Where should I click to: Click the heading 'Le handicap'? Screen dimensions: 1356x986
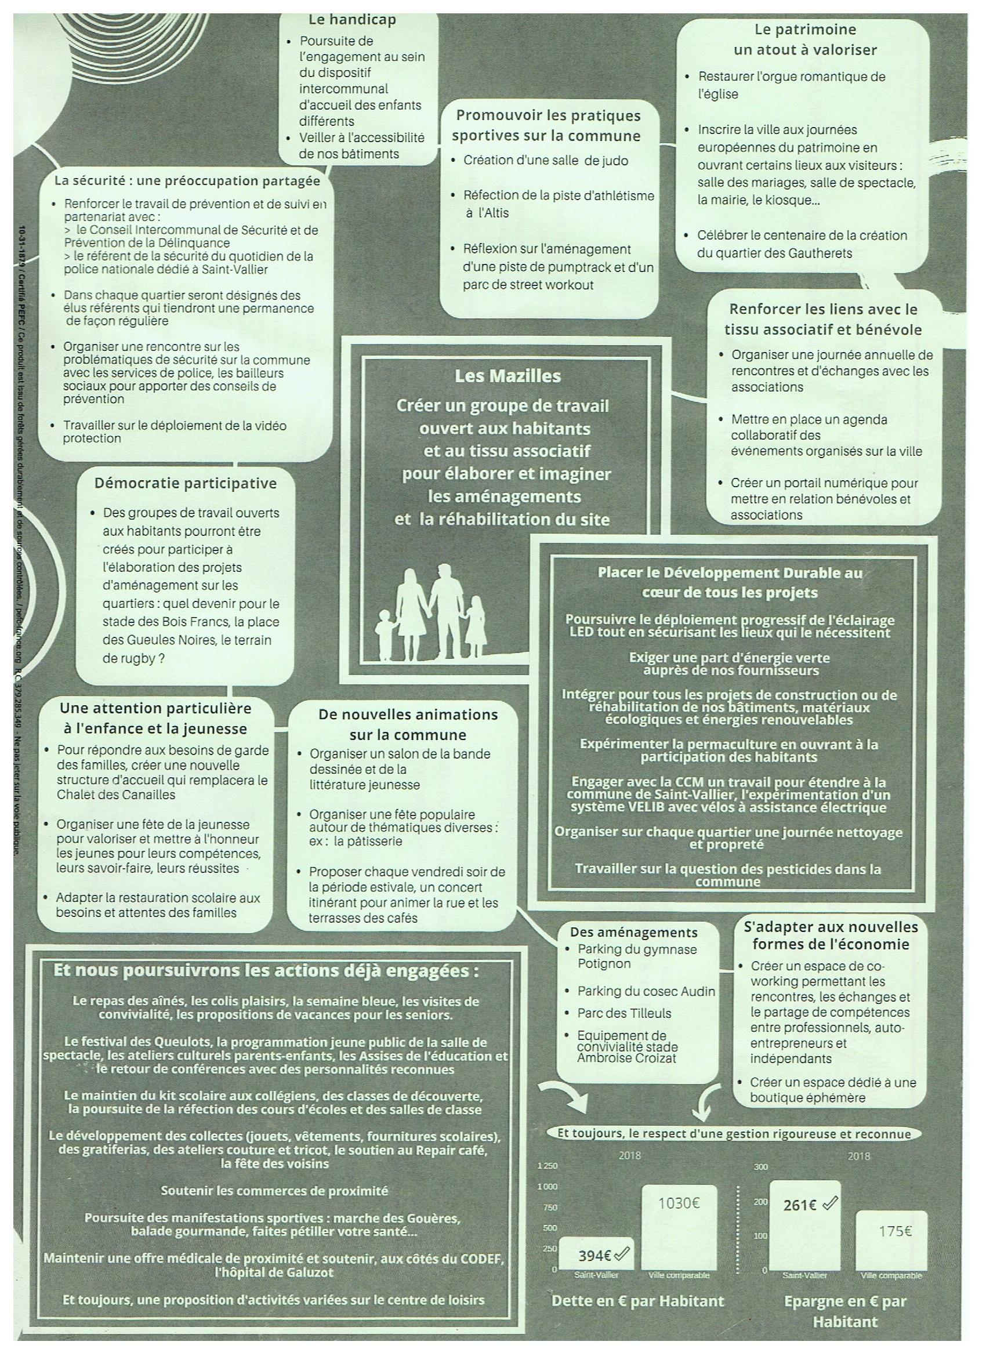click(x=351, y=20)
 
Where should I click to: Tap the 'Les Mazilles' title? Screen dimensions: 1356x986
click(x=507, y=376)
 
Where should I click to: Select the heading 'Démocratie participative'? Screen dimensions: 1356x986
click(x=186, y=483)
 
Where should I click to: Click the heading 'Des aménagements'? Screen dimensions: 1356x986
click(x=633, y=932)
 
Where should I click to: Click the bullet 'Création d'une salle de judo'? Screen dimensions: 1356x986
click(x=545, y=160)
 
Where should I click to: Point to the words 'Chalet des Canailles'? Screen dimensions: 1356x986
click(x=116, y=795)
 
